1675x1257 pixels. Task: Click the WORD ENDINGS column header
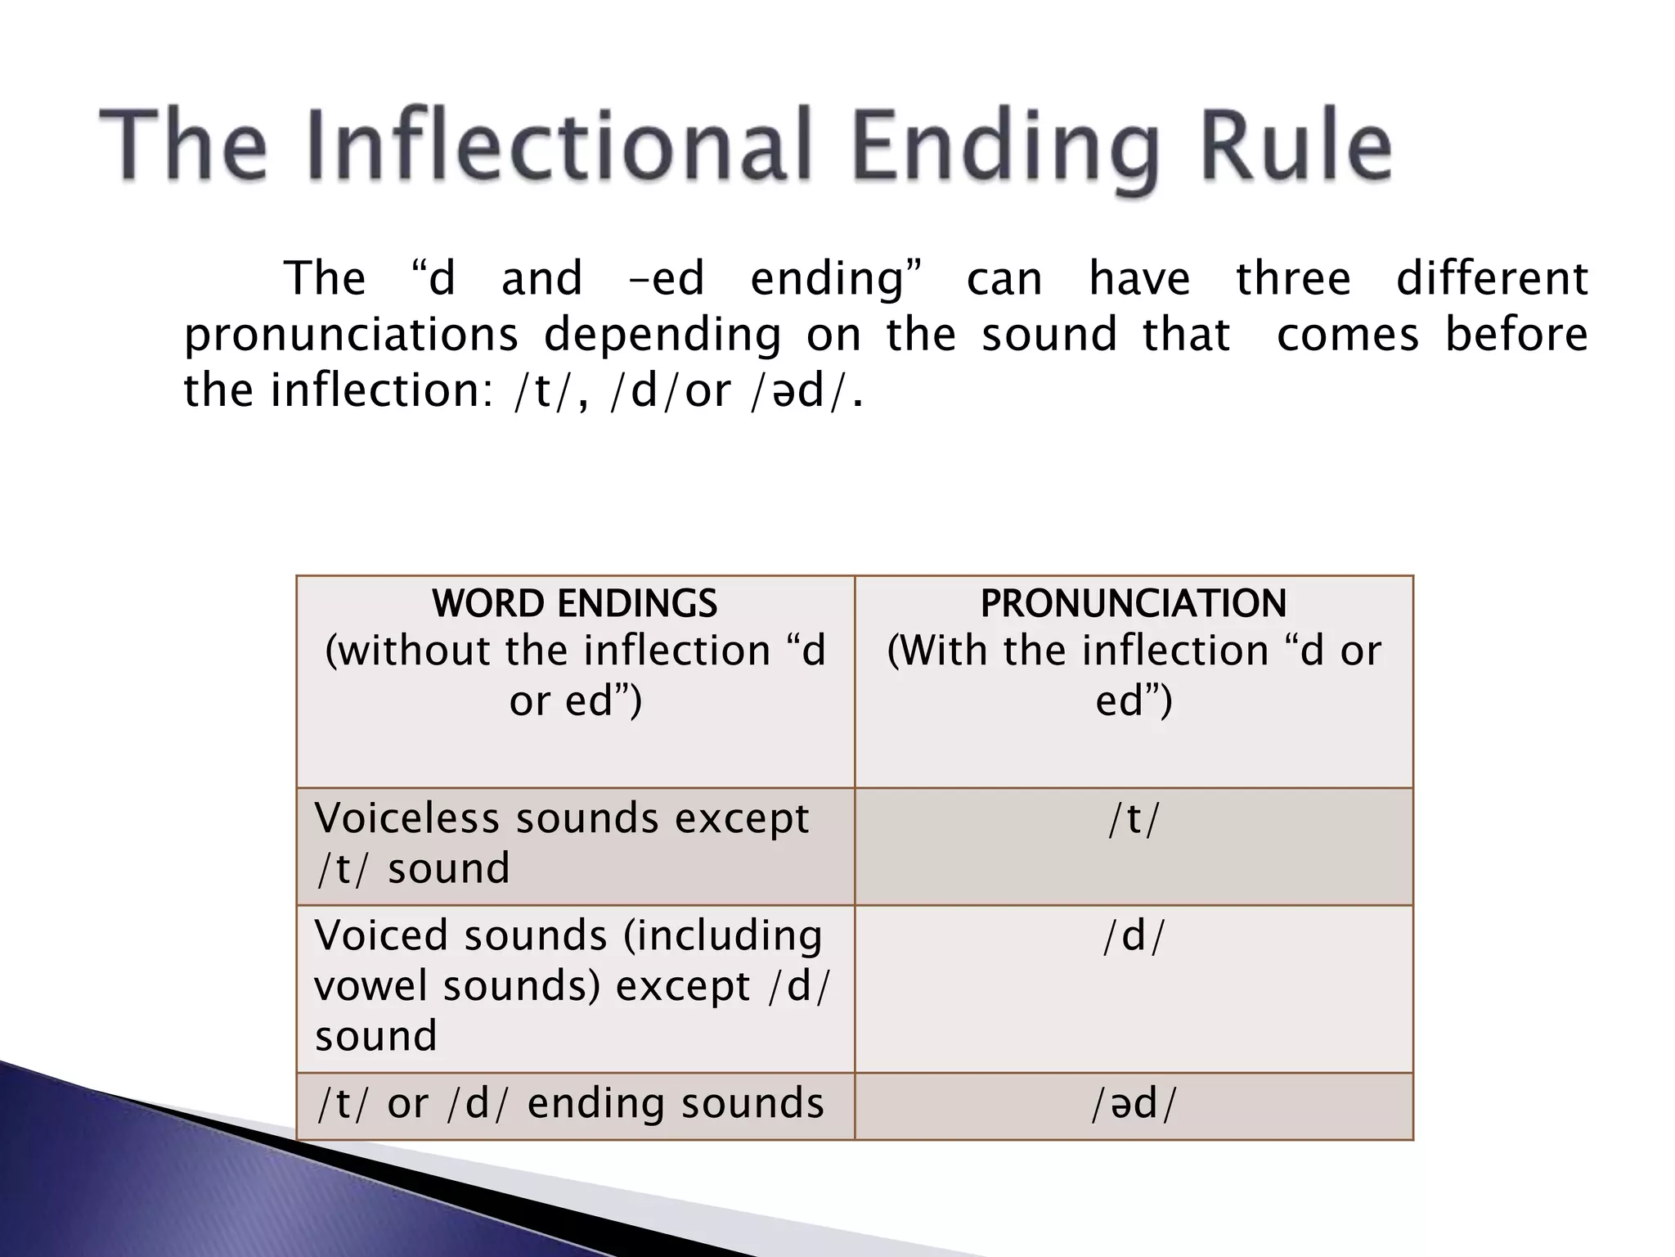click(575, 603)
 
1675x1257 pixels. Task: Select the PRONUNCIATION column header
click(1134, 603)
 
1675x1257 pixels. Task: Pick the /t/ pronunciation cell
click(1134, 819)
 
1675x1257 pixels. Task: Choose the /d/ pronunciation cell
click(1134, 936)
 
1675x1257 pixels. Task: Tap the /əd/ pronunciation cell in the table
click(1134, 1104)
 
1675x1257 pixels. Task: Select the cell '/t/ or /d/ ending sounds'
click(570, 1103)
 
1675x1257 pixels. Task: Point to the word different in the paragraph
click(1492, 278)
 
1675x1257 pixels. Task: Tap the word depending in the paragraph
click(662, 336)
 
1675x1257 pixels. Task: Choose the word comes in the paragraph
click(1348, 336)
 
